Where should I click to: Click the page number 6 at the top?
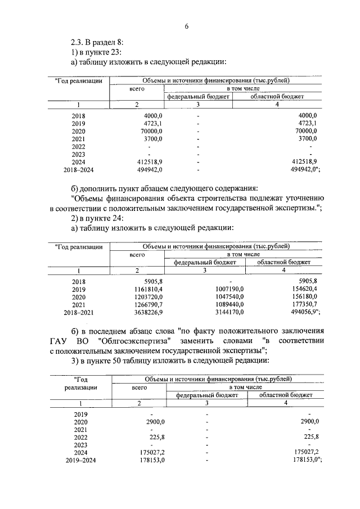point(186,26)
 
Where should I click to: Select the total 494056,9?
point(303,312)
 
